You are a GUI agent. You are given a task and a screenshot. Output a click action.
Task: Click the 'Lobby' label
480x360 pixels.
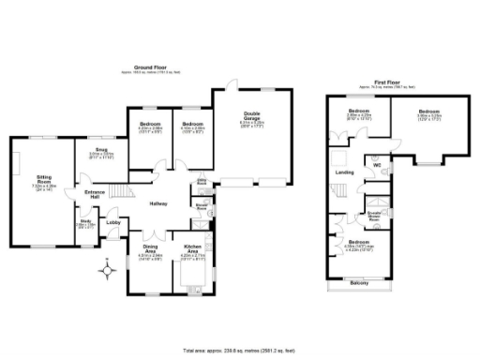tap(113, 222)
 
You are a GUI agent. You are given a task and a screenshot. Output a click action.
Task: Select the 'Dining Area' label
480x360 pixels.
tap(150, 248)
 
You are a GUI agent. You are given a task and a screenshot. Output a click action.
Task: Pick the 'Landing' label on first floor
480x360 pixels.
tap(345, 172)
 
